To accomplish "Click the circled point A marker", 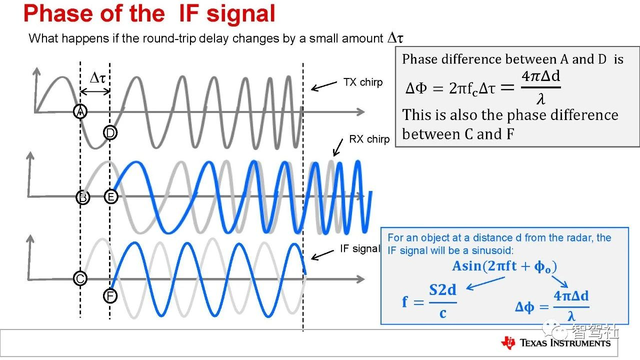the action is tap(80, 111).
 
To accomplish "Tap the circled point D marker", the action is tap(110, 132).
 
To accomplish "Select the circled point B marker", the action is tap(83, 197).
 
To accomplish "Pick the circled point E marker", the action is tap(111, 196).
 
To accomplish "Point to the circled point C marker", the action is tap(80, 278).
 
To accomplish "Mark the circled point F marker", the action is tap(110, 295).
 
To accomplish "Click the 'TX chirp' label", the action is tap(363, 82).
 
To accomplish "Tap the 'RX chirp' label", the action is tap(369, 139).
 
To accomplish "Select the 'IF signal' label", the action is tap(359, 248).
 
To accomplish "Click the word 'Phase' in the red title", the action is tap(59, 13).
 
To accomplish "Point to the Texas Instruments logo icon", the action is tap(508, 342).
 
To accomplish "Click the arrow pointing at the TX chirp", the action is tap(323, 86).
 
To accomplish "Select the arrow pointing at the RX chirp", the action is tap(338, 147).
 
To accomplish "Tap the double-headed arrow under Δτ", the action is tap(95, 91).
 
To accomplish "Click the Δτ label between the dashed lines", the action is tap(97, 77).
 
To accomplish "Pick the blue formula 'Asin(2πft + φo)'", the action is tap(504, 266).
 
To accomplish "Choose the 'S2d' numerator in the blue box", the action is tap(442, 290).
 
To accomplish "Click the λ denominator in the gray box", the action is tap(540, 99).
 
